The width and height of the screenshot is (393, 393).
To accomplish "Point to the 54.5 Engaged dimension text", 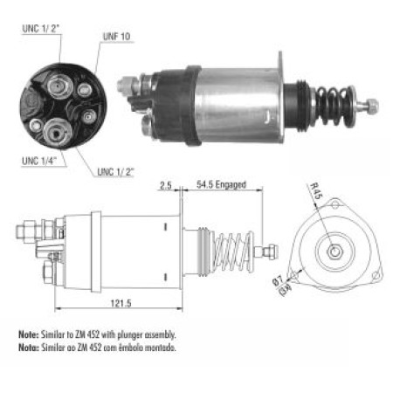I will (221, 186).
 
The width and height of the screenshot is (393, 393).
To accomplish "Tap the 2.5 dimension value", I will (164, 186).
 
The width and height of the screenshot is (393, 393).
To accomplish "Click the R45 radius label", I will (316, 191).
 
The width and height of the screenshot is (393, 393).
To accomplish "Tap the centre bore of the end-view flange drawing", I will (334, 252).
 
